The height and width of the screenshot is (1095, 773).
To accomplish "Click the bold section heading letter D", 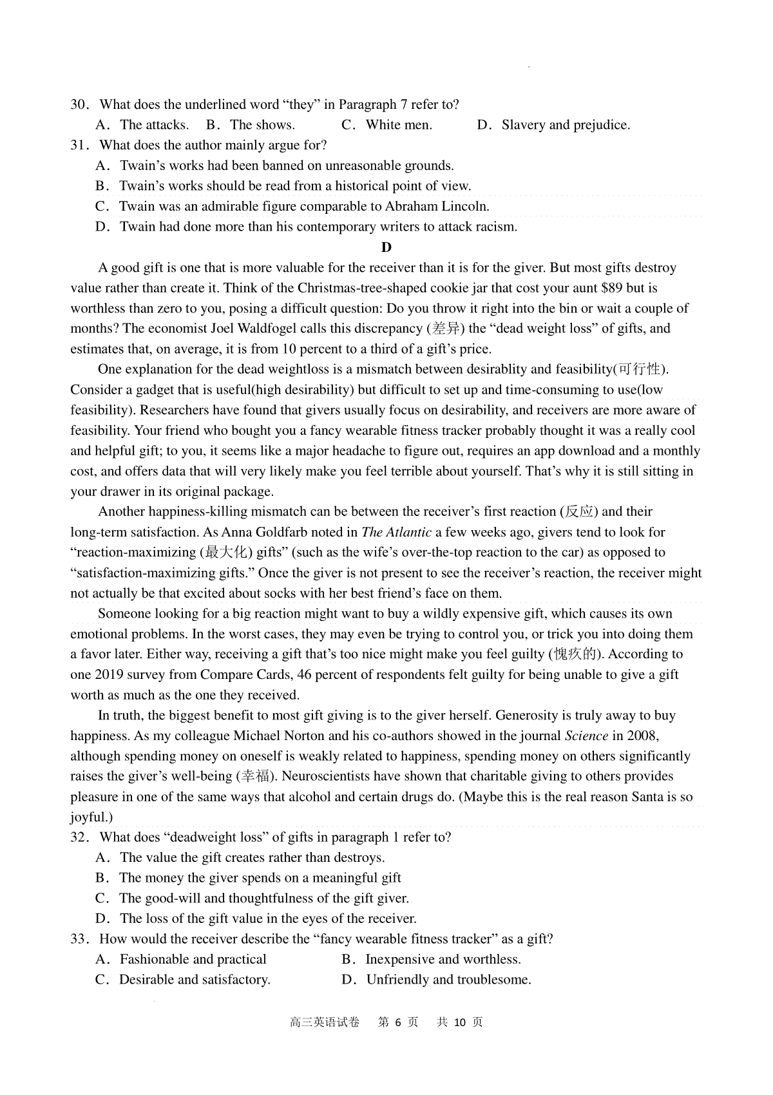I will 386,247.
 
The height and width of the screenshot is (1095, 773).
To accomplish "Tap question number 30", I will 78,104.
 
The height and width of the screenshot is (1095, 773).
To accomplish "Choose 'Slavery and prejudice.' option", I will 566,125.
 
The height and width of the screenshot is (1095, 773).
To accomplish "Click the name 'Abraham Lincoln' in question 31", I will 436,207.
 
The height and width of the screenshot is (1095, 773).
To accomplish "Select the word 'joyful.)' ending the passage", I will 91,817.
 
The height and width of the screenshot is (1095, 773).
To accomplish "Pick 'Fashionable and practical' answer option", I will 193,959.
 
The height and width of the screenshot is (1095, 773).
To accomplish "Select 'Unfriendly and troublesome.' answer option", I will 448,980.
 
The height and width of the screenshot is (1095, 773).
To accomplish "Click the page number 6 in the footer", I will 398,1022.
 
